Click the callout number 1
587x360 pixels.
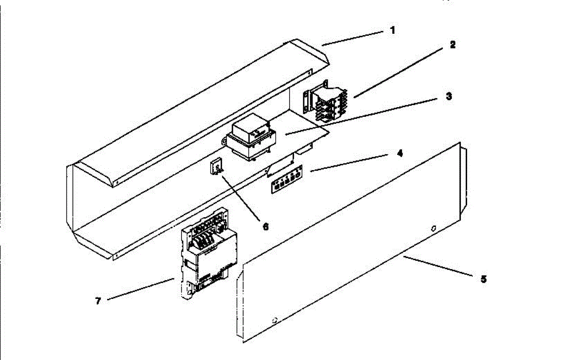(x=392, y=30)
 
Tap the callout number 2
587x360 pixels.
(x=452, y=45)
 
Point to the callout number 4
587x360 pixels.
(x=400, y=153)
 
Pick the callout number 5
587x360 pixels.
(x=483, y=279)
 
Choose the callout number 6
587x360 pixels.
(x=266, y=226)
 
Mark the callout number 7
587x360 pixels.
(x=98, y=301)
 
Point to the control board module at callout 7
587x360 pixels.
(x=209, y=254)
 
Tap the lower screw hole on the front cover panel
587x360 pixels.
(x=274, y=321)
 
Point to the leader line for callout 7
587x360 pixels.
(x=140, y=289)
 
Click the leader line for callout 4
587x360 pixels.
(x=350, y=163)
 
